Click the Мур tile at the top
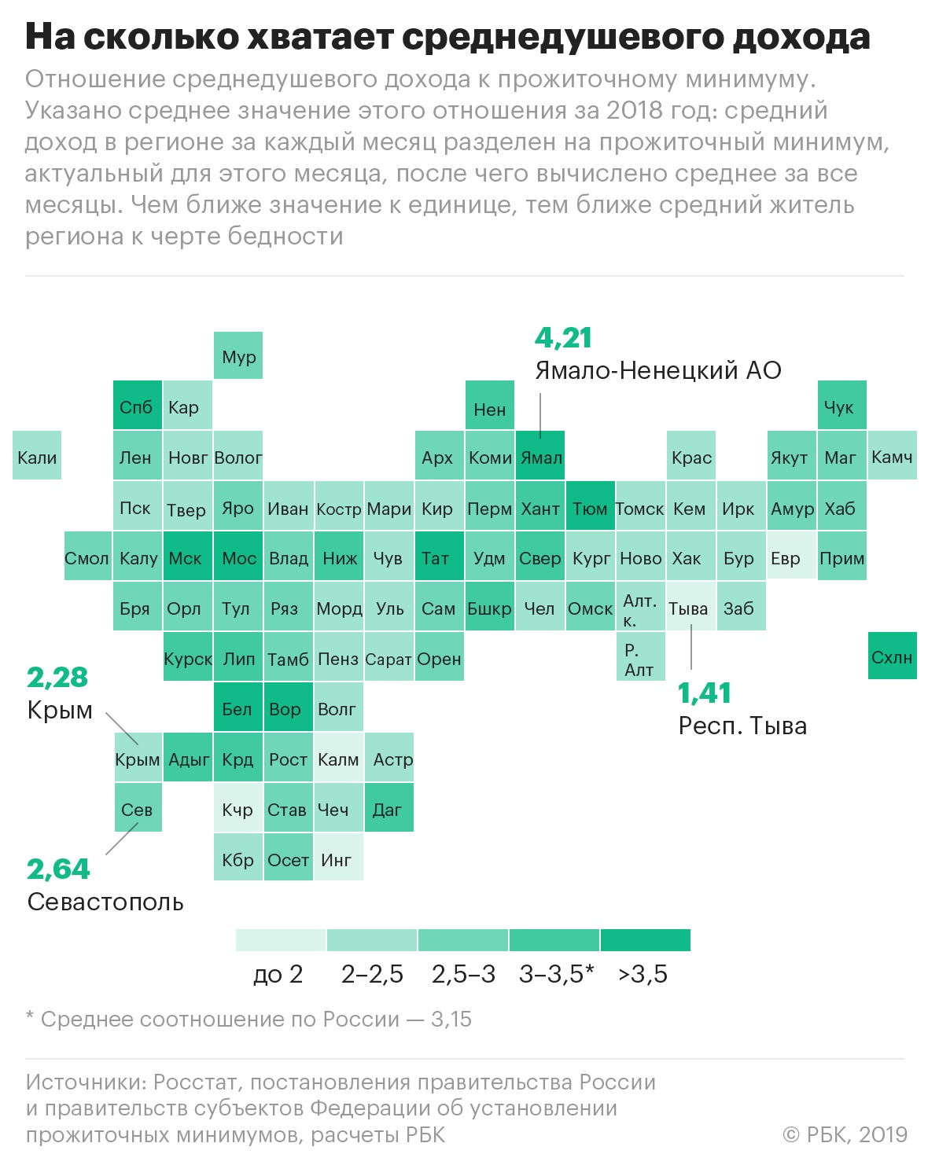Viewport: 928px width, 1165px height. [238, 356]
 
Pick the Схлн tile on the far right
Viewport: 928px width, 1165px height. [893, 656]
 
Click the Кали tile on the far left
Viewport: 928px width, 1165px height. [37, 456]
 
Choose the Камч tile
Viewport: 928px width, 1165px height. [893, 456]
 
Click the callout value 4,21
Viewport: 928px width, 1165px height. [563, 337]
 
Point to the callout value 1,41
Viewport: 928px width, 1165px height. [705, 693]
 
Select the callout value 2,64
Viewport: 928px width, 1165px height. [58, 869]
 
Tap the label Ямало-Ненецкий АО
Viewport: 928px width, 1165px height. [658, 370]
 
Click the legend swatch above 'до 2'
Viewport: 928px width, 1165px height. [281, 940]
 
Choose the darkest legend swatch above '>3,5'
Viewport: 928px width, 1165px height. [645, 940]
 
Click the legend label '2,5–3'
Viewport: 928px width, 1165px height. [463, 974]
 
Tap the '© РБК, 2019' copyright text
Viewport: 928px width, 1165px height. [845, 1134]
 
